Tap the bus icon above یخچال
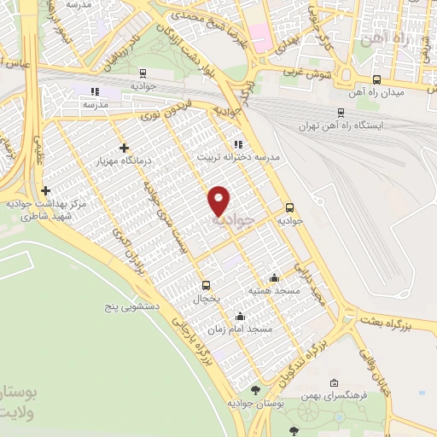205,285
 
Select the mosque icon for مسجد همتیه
273,277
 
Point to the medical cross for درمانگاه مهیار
125,148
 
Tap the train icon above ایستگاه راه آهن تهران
341,112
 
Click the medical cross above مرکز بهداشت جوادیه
45,190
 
